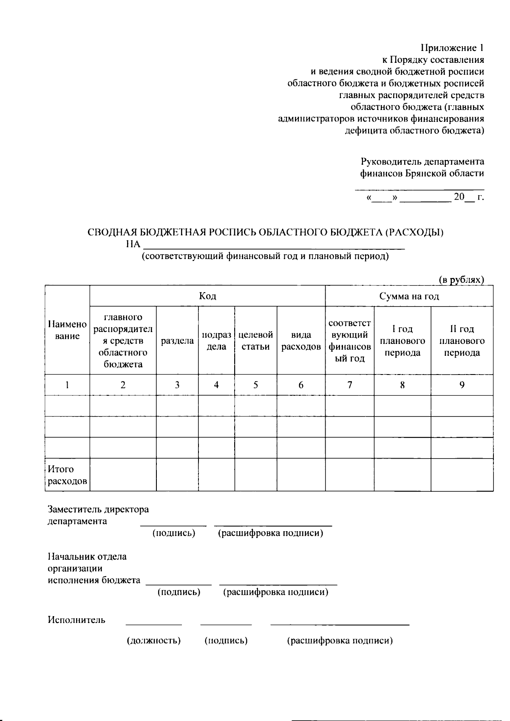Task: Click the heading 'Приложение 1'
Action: click(452, 48)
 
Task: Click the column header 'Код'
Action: click(207, 296)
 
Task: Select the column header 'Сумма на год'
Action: click(409, 296)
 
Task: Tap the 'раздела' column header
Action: click(177, 341)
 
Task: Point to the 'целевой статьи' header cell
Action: click(255, 341)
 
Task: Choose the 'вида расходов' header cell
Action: click(301, 341)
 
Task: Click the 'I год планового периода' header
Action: click(402, 341)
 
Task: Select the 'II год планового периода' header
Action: click(462, 341)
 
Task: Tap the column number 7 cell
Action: click(349, 385)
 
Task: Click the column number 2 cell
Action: click(123, 385)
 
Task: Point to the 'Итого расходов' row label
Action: click(67, 475)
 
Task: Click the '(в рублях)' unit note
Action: click(461, 280)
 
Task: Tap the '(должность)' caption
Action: click(154, 640)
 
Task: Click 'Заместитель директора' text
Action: click(98, 509)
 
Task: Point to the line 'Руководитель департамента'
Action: click(422, 161)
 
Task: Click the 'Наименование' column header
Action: click(67, 330)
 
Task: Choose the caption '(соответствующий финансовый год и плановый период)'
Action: click(265, 256)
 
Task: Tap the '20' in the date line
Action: click(459, 197)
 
